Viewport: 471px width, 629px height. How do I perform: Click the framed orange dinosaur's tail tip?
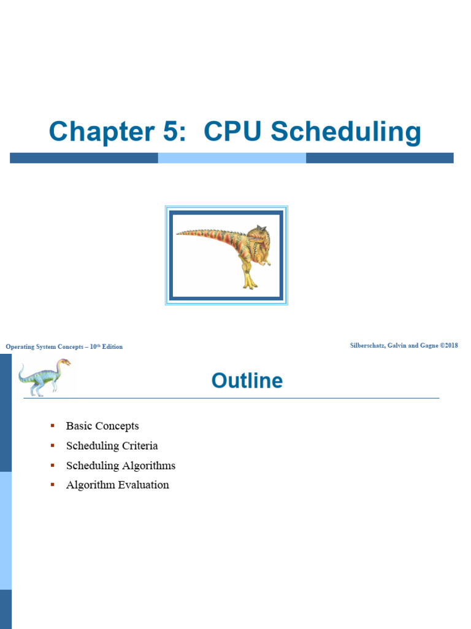tap(178, 233)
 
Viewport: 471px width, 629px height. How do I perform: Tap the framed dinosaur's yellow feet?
tap(249, 283)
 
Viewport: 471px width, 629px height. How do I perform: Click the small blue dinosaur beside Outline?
tap(43, 377)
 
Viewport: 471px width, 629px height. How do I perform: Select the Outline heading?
tap(247, 381)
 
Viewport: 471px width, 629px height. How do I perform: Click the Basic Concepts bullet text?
tap(102, 426)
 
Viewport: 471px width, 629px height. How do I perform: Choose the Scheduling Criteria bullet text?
tap(112, 445)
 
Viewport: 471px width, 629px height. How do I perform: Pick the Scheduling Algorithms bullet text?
tap(121, 465)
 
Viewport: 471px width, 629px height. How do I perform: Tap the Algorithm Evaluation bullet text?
tap(117, 485)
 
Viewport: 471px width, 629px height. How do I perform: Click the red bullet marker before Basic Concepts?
tap(53, 425)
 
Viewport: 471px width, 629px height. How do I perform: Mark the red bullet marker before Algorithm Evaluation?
tap(53, 484)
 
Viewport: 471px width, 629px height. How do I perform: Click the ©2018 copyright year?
tap(450, 346)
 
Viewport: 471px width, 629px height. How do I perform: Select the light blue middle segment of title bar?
tap(232, 158)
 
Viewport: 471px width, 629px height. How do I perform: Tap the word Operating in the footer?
tap(20, 346)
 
